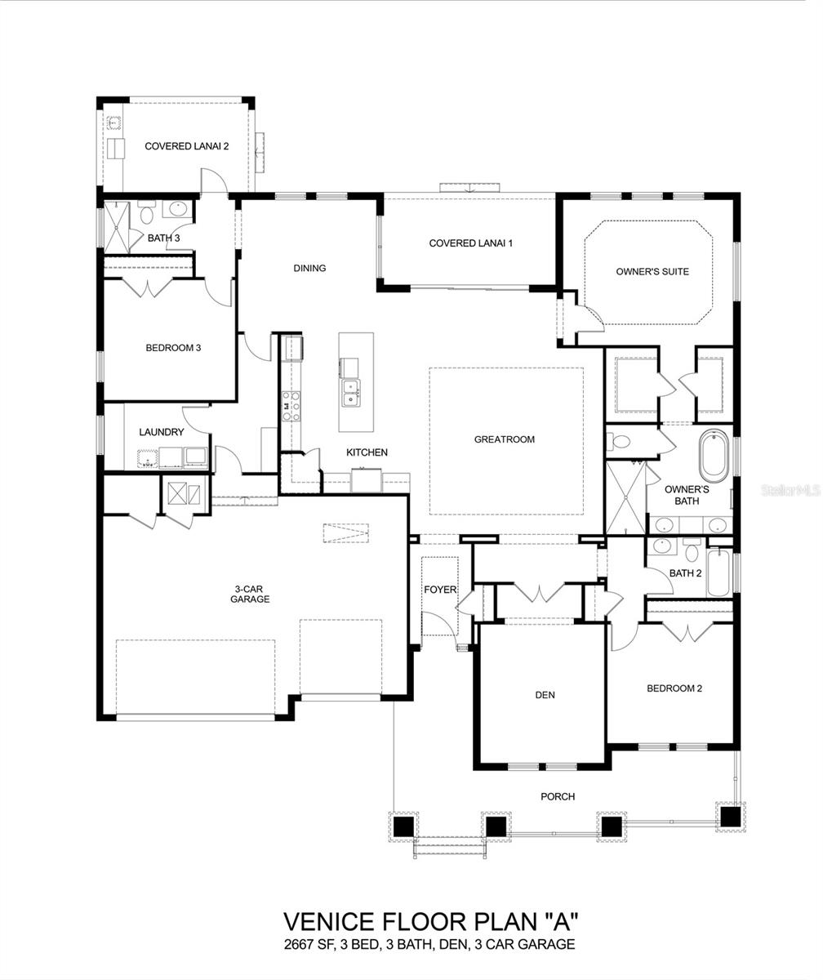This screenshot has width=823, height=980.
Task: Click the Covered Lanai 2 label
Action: coord(186,146)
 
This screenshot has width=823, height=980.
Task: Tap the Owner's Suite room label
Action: coord(652,272)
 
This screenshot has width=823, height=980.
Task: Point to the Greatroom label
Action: coord(505,439)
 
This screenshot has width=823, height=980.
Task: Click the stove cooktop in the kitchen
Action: coord(291,406)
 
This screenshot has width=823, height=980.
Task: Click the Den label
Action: coord(545,695)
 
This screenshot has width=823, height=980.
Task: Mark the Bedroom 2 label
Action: coord(674,688)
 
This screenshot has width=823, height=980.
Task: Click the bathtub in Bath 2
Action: coord(718,573)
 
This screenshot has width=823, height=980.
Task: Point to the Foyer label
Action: coord(439,590)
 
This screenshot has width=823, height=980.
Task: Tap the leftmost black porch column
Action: coord(403,826)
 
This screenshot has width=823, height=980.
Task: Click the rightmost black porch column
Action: coord(730,816)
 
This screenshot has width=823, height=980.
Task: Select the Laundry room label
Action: coord(161,432)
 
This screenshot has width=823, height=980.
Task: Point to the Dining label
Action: coord(309,268)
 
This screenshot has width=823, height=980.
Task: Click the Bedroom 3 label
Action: coord(173,348)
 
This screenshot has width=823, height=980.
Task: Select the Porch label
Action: coord(558,796)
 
